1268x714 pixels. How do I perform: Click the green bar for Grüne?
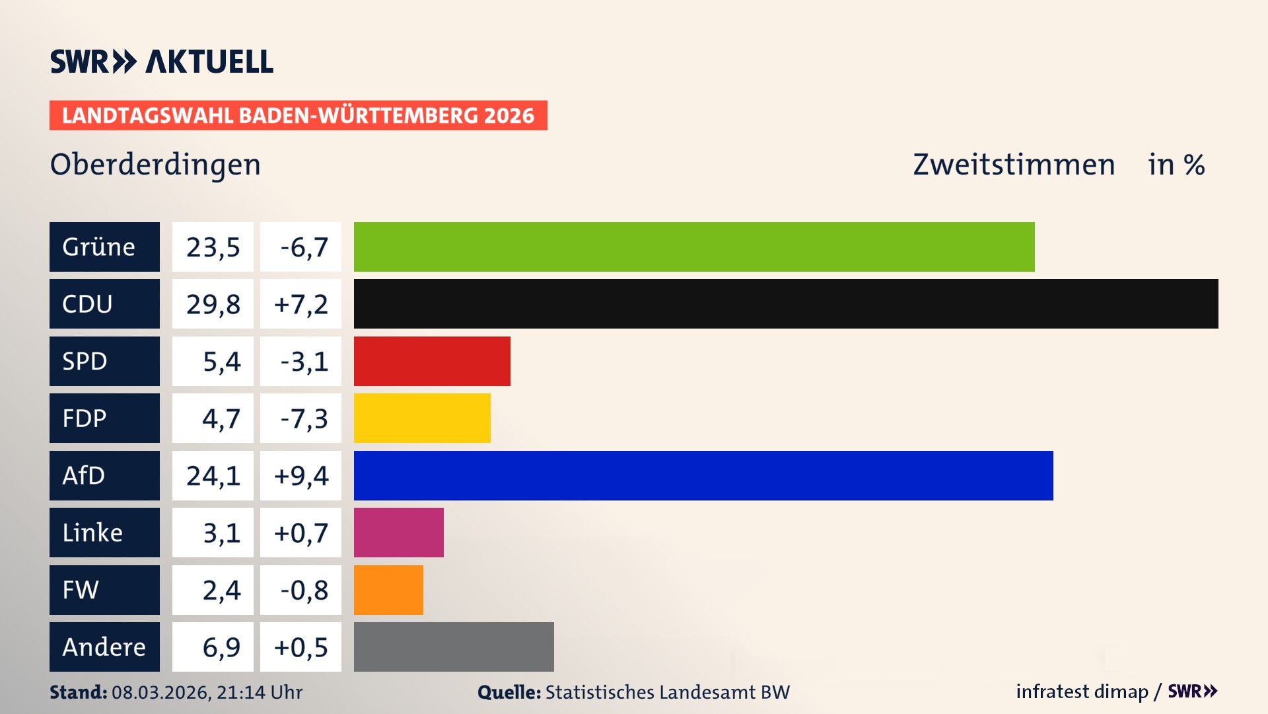click(x=693, y=247)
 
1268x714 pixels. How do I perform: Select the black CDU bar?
click(x=786, y=304)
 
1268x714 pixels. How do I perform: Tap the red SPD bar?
click(x=432, y=361)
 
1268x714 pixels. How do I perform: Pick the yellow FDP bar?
click(x=422, y=418)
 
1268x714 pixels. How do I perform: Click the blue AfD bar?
click(x=703, y=475)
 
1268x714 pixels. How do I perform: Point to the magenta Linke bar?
click(x=398, y=533)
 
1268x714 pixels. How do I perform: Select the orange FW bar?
click(x=388, y=590)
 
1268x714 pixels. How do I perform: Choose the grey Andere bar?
click(x=454, y=647)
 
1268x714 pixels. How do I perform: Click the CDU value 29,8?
click(x=213, y=304)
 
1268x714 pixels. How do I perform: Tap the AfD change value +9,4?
click(x=300, y=475)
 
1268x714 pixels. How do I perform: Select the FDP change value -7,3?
click(x=303, y=418)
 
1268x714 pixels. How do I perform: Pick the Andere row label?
click(x=104, y=647)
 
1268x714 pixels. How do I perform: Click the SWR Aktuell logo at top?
click(x=161, y=61)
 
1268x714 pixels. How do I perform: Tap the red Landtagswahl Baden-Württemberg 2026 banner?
click(x=298, y=115)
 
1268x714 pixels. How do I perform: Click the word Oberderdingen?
click(x=155, y=165)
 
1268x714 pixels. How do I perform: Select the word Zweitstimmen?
click(x=1014, y=165)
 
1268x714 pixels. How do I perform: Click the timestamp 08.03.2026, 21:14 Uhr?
click(x=207, y=692)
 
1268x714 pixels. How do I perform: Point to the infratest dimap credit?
click(x=1082, y=692)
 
